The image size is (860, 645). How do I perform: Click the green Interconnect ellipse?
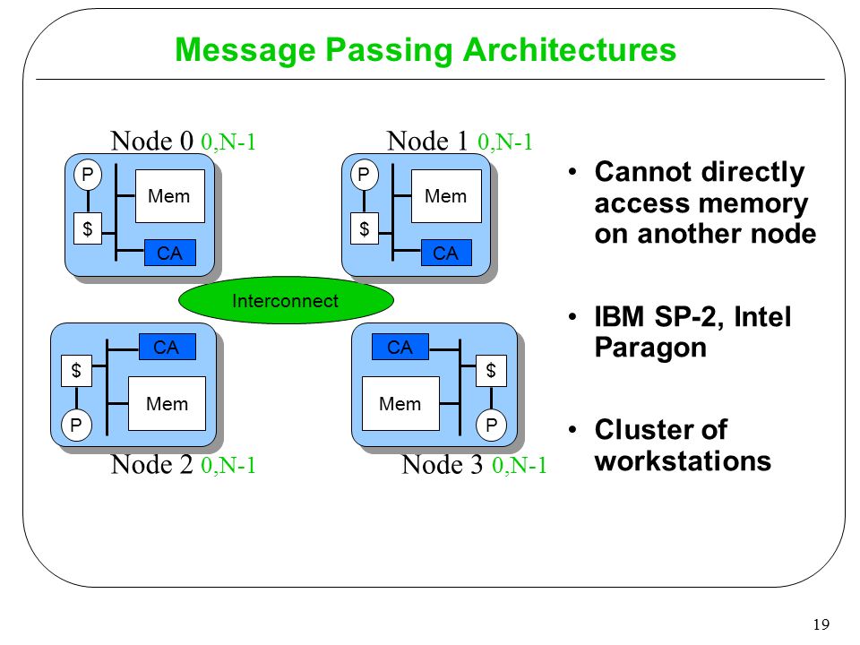tap(286, 300)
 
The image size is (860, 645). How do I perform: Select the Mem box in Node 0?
tap(170, 196)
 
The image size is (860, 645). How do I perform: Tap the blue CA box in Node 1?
tap(446, 253)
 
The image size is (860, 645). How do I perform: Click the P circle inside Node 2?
tap(76, 425)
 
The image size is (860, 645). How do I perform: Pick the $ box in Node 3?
tap(491, 371)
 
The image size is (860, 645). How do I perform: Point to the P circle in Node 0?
tap(88, 175)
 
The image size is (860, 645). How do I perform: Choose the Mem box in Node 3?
tap(401, 404)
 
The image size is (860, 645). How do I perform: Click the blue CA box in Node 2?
tap(168, 347)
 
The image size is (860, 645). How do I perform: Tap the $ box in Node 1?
tap(365, 228)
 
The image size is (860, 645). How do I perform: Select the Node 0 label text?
tap(152, 141)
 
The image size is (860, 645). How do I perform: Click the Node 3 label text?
tap(442, 465)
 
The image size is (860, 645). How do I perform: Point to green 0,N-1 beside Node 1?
tap(505, 142)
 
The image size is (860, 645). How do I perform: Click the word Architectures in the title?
tap(570, 50)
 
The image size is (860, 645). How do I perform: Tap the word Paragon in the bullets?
tap(650, 348)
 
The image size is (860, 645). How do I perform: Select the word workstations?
tap(683, 460)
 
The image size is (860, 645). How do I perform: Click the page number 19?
tap(821, 624)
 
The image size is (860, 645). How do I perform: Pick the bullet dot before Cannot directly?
tap(572, 172)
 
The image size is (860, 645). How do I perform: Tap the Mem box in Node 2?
tap(167, 403)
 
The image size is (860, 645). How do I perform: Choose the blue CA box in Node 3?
tap(400, 347)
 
